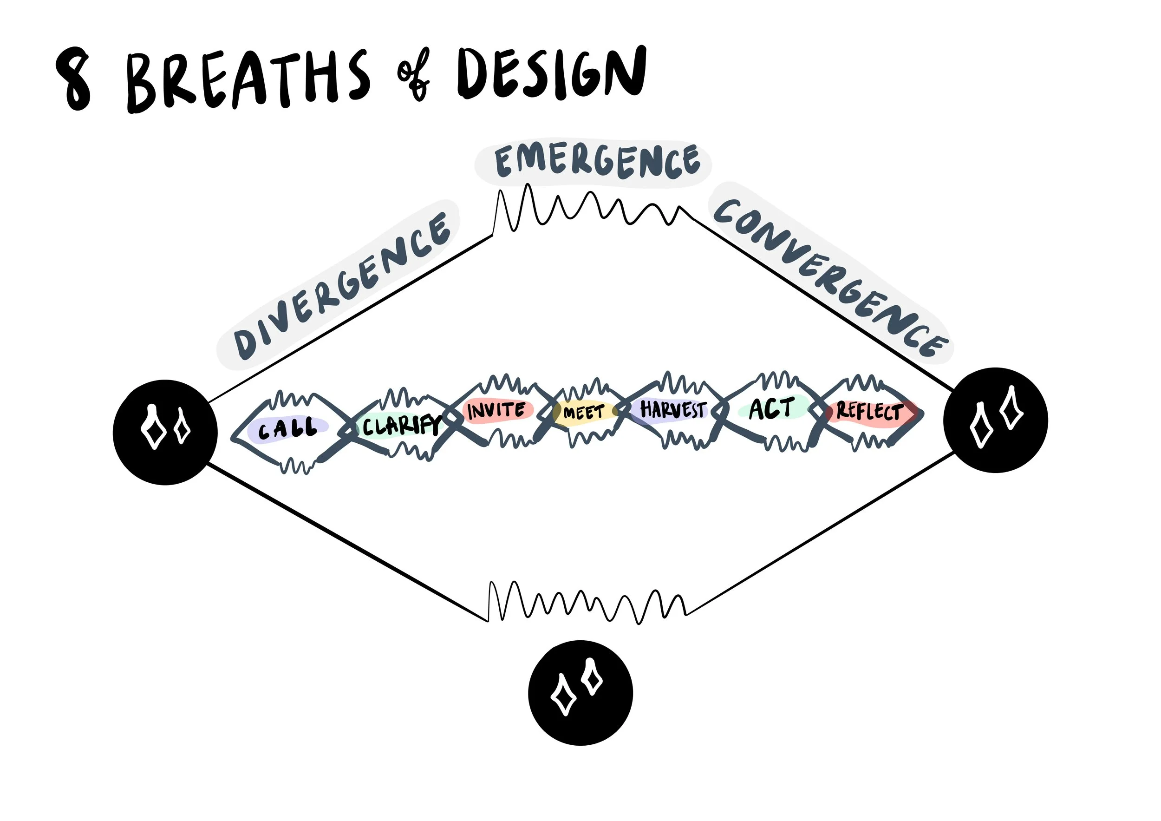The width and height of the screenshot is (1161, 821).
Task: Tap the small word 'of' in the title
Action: pos(414,75)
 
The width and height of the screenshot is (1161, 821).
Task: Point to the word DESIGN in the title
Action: pos(551,73)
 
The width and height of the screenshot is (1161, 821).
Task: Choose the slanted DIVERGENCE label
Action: pos(342,286)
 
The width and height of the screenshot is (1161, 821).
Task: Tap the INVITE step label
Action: pos(496,410)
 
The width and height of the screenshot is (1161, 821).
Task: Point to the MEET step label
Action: pos(584,412)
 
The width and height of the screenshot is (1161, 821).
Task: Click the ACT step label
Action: pos(771,408)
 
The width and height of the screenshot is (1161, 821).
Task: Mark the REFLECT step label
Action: pos(870,411)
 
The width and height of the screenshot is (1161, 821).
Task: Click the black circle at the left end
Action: pos(165,432)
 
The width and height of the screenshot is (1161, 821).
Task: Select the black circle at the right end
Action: pos(995,420)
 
